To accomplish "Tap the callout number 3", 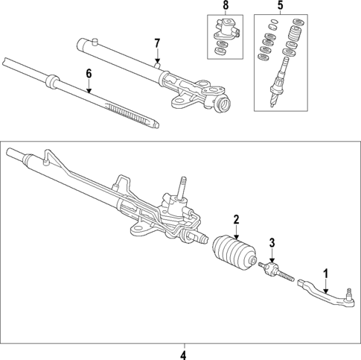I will click(x=272, y=242).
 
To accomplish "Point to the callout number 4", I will click(x=184, y=353).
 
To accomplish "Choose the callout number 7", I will click(x=157, y=42).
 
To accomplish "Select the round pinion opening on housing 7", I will click(x=223, y=105).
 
